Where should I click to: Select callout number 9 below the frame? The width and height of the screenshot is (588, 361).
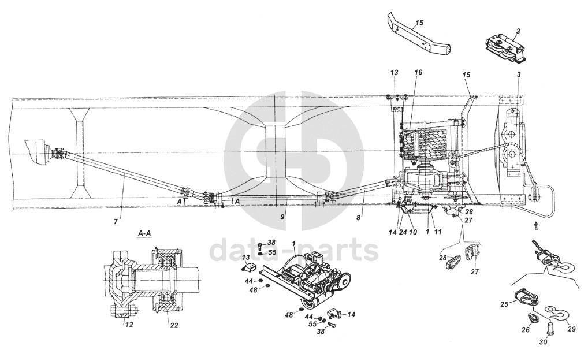[282, 217]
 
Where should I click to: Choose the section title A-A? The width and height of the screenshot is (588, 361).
[145, 233]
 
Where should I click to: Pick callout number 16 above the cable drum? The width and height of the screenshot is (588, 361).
[418, 73]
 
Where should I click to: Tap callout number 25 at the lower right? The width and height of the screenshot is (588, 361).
[504, 304]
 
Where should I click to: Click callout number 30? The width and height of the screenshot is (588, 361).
[544, 342]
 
